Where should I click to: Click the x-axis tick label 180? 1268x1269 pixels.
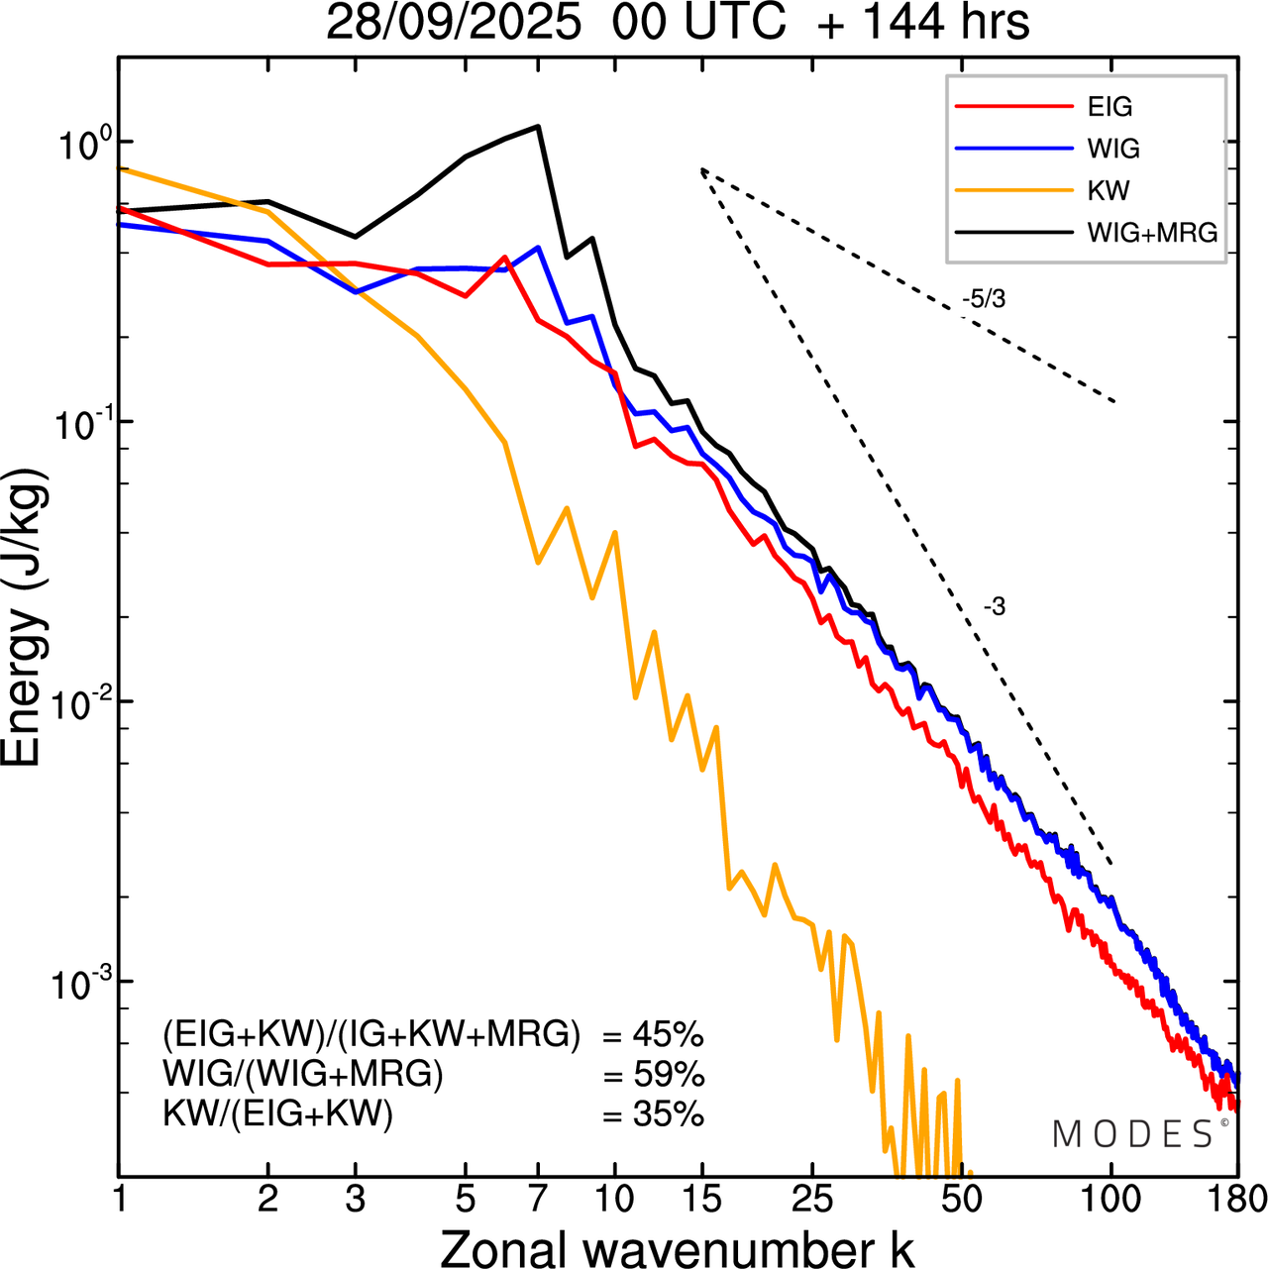(1237, 1199)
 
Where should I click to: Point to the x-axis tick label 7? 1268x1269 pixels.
(538, 1199)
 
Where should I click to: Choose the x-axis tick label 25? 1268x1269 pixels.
(812, 1199)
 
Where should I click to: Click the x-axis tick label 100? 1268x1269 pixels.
(1110, 1199)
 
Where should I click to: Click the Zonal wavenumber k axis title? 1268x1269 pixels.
(678, 1247)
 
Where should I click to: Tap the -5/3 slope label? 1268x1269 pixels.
(983, 298)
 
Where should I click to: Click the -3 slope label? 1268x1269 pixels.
(994, 607)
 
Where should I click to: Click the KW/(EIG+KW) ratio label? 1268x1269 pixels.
(277, 1114)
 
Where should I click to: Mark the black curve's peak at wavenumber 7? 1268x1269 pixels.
(538, 126)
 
